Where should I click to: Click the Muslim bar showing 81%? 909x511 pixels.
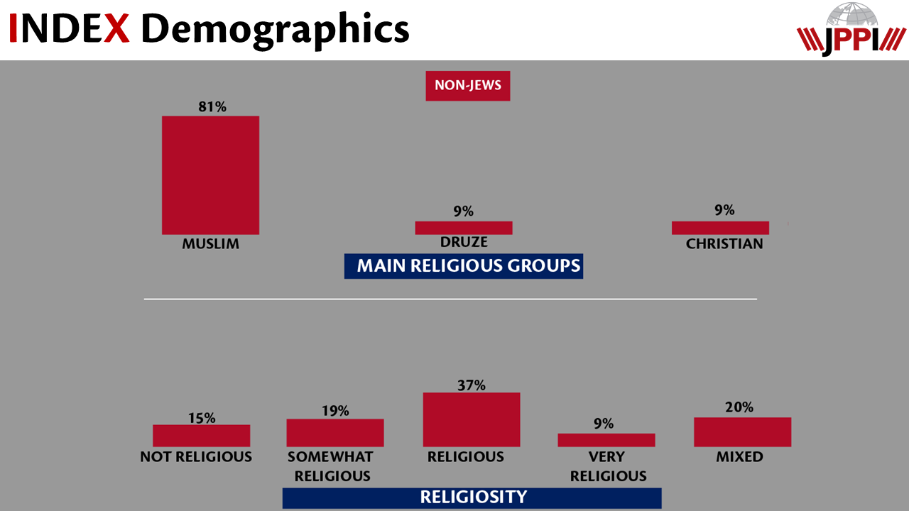tap(210, 175)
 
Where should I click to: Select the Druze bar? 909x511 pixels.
tap(463, 228)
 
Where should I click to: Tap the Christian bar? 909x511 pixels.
tap(720, 228)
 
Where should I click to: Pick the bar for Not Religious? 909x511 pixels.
tap(201, 435)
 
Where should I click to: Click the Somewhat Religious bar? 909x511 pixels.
tap(334, 432)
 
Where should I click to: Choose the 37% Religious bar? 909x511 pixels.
tap(471, 419)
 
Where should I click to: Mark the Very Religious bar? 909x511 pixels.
tap(606, 440)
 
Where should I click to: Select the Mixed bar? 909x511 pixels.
tap(742, 432)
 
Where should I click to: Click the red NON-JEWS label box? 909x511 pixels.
tap(467, 86)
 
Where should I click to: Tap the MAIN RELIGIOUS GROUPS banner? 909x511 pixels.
tap(463, 266)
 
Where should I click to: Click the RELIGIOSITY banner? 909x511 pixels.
tap(472, 497)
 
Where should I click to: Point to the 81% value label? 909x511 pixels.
tap(212, 106)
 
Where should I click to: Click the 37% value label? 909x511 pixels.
tap(471, 385)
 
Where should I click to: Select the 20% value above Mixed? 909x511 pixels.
tap(739, 407)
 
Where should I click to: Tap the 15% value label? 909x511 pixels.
tap(202, 418)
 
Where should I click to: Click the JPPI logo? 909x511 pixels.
tap(851, 30)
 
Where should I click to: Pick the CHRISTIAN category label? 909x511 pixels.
tap(724, 244)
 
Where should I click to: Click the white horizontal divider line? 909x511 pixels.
tap(450, 299)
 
